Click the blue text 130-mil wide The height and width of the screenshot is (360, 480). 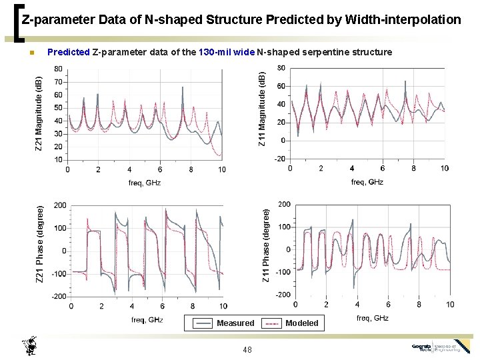[x=227, y=52]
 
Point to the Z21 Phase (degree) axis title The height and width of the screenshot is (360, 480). [x=40, y=243]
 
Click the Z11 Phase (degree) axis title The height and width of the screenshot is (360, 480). [x=266, y=245]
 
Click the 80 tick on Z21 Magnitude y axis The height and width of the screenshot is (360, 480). [x=58, y=69]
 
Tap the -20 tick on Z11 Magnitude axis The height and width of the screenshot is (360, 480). [x=280, y=159]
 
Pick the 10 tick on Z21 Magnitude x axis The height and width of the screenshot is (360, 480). [x=222, y=169]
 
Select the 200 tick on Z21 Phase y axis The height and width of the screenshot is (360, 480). [x=60, y=205]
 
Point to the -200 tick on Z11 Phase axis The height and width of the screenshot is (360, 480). [x=283, y=295]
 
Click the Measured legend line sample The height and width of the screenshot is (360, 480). [x=202, y=323]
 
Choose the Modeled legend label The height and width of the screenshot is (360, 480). [x=302, y=323]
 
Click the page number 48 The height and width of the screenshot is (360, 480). [x=248, y=349]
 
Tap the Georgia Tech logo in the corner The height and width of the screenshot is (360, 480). [x=440, y=347]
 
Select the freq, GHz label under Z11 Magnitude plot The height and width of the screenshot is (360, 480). [x=367, y=182]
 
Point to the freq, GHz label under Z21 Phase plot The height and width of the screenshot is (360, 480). [x=147, y=319]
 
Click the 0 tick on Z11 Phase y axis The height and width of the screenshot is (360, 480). [x=288, y=249]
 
